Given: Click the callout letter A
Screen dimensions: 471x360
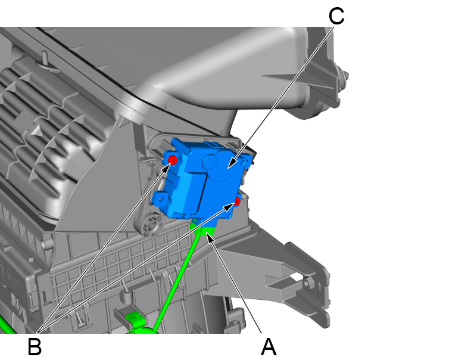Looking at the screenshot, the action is pos(269,347).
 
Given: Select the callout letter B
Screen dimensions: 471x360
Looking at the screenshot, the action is pos(35,347).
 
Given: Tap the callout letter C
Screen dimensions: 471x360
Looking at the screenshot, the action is pos(336,16).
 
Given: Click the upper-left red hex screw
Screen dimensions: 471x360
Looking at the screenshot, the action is pos(173,160).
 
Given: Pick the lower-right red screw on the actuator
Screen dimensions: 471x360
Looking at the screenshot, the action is pos(238,201).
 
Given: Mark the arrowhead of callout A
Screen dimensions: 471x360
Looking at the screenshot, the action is pos(210,238).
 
